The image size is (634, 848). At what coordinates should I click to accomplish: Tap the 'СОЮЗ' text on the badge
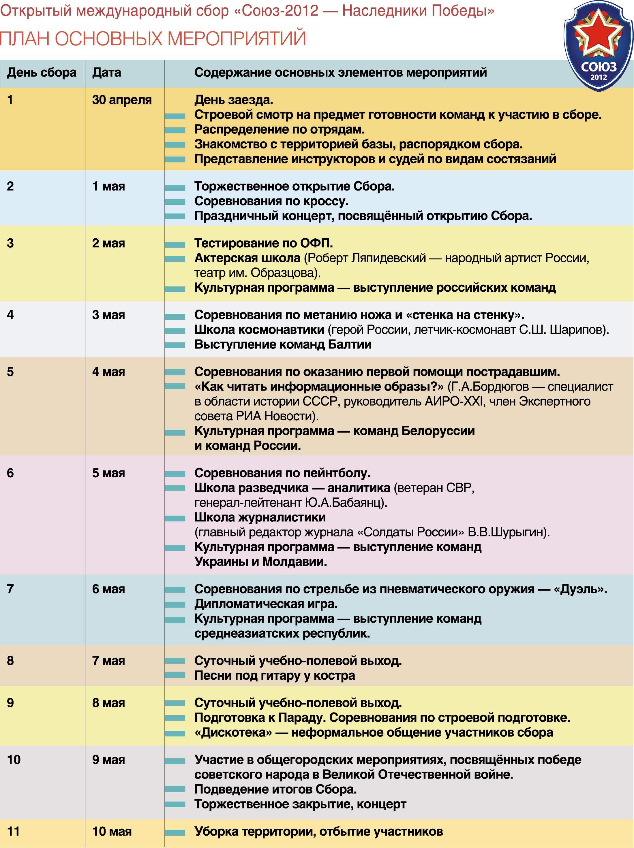click(598, 67)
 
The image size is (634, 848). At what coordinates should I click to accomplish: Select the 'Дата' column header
click(107, 72)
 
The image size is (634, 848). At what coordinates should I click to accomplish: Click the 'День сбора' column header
click(42, 72)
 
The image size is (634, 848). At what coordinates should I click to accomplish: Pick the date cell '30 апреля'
click(122, 100)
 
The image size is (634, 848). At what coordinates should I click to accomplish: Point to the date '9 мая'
click(108, 760)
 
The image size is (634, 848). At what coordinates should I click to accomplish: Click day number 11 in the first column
click(14, 832)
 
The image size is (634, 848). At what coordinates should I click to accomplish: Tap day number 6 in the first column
click(10, 473)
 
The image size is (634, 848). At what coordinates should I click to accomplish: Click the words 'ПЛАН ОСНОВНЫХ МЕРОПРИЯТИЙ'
click(153, 39)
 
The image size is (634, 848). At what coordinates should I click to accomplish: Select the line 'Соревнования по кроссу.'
click(271, 201)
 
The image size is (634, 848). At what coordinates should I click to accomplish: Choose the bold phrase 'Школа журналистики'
click(260, 518)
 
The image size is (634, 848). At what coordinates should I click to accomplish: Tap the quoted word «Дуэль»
click(579, 589)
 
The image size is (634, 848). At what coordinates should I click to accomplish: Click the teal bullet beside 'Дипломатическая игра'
click(175, 604)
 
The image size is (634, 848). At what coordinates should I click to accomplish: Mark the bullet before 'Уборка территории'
click(175, 832)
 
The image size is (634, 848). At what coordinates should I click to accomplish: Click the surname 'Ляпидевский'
click(388, 258)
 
